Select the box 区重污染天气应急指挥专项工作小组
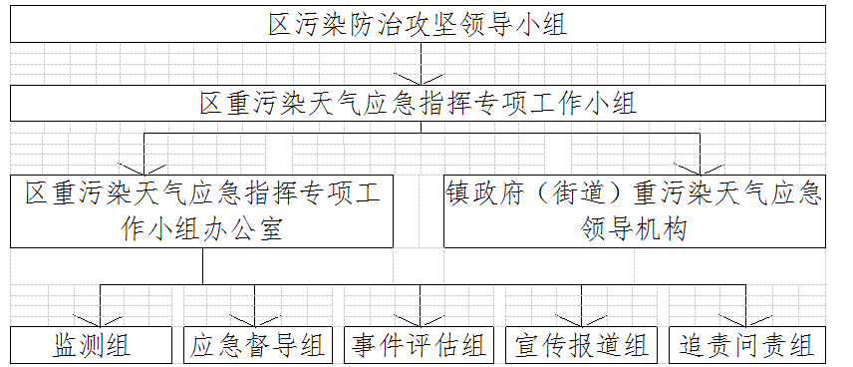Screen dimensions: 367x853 point(419,103)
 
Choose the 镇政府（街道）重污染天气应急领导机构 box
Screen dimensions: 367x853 point(634,210)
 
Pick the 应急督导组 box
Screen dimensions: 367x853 point(257,345)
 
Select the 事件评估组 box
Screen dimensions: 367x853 point(419,345)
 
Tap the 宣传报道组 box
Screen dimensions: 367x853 point(581,345)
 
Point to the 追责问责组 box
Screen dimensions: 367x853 point(746,345)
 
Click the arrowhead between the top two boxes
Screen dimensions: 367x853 point(420,79)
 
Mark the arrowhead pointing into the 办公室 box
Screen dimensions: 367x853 point(144,167)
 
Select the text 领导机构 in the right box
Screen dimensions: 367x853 point(634,228)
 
